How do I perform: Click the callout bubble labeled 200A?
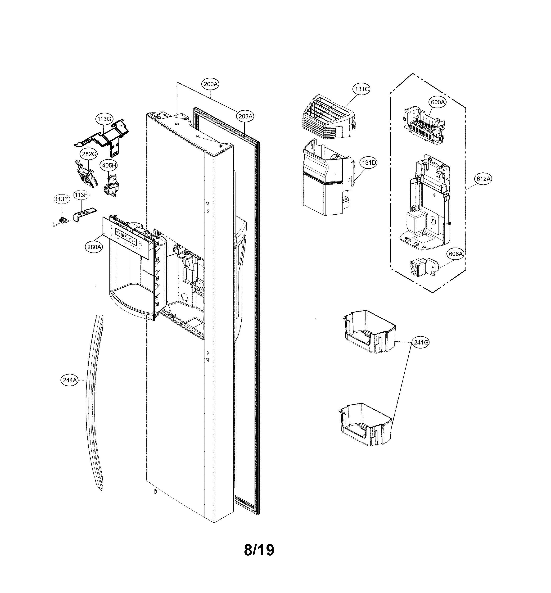(x=211, y=84)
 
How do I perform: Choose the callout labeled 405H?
(x=109, y=165)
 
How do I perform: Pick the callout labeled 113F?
(x=81, y=195)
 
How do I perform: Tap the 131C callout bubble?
(x=362, y=89)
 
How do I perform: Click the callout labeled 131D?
(x=369, y=163)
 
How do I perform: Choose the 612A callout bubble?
(x=483, y=179)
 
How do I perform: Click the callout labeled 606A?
(x=456, y=254)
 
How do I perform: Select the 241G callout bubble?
(x=421, y=343)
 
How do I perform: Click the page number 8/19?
(x=259, y=550)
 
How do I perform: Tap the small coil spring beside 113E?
(x=63, y=220)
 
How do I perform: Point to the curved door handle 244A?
(x=95, y=403)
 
